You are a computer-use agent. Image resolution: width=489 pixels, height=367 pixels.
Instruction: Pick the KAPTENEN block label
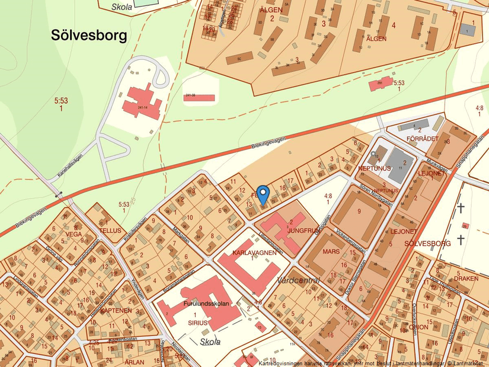pyautogui.click(x=116, y=311)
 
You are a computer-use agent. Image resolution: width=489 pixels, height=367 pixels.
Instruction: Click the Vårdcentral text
pyautogui.click(x=298, y=280)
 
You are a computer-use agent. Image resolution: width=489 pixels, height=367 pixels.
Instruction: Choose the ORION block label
pyautogui.click(x=419, y=326)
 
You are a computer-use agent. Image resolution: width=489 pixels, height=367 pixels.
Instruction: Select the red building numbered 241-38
pyautogui.click(x=198, y=97)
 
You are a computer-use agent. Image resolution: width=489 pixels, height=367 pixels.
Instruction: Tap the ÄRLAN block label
pyautogui.click(x=135, y=362)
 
